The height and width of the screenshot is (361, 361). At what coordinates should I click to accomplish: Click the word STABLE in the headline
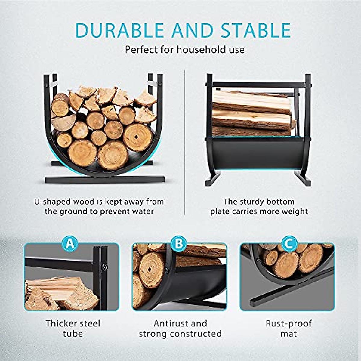(255, 30)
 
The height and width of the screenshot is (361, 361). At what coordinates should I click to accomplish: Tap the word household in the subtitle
(199, 49)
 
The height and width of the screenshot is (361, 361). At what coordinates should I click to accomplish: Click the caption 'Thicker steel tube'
(73, 329)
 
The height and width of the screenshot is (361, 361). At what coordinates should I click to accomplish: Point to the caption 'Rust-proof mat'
(288, 329)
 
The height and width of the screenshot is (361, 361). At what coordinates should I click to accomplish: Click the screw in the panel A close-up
(104, 266)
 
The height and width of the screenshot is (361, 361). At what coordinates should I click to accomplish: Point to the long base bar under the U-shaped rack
(105, 180)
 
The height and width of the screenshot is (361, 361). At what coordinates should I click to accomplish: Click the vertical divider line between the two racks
(184, 141)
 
